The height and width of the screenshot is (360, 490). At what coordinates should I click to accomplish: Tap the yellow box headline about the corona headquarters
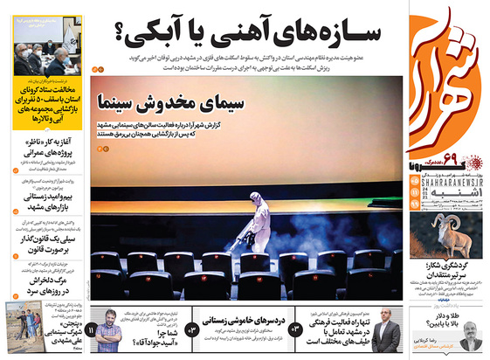(x=49, y=106)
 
